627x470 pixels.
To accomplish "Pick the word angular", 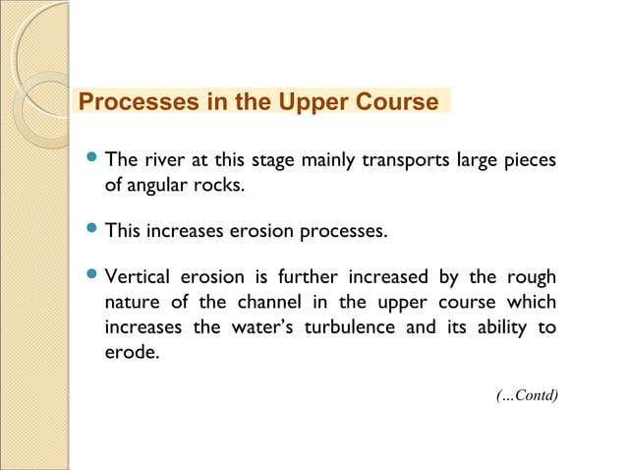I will point(154,184).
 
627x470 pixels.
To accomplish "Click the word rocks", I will point(218,184).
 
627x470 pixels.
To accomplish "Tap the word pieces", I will point(530,159).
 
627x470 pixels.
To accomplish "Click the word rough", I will point(531,277).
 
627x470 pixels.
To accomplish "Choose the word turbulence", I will point(366,326).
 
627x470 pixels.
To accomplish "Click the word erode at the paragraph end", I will point(130,351).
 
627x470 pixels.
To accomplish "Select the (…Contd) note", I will point(527,395).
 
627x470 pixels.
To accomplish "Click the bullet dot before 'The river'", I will point(92,157).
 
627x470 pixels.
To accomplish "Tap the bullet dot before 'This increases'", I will point(92,231).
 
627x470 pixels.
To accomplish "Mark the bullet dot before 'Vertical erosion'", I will point(92,275).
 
